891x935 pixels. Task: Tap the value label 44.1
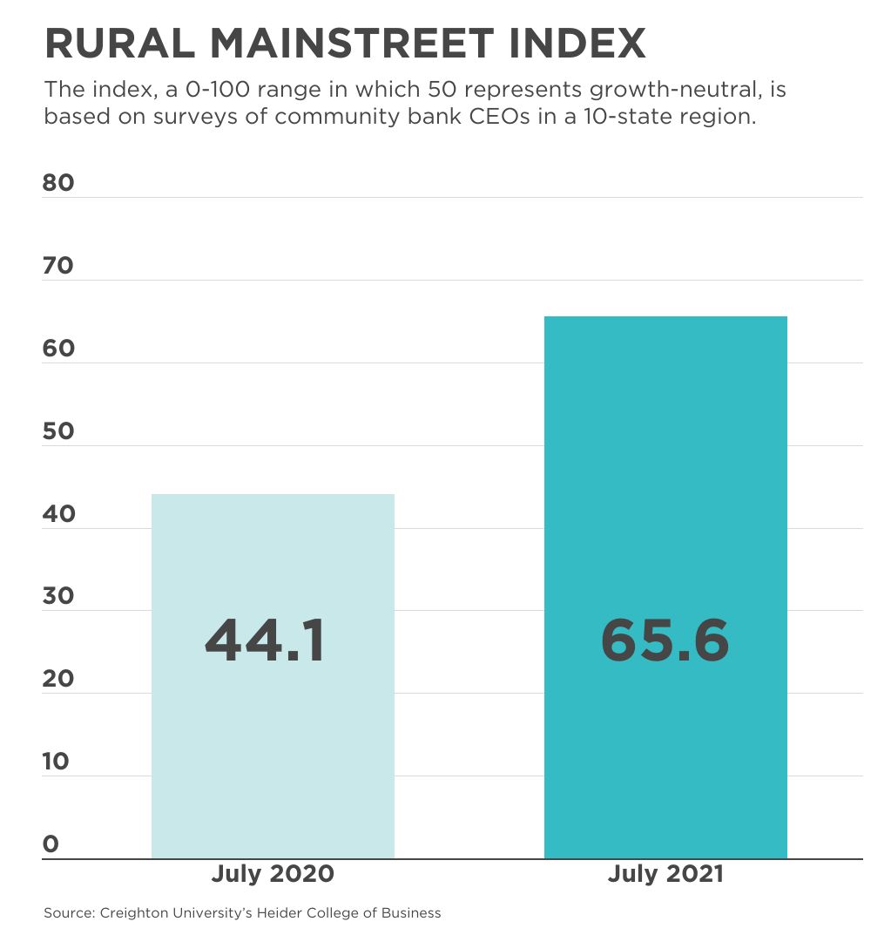[x=265, y=641]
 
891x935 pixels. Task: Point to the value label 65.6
[x=665, y=641]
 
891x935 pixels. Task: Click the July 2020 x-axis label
[x=273, y=874]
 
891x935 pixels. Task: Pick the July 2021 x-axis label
[x=665, y=874]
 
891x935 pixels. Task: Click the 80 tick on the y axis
[x=58, y=183]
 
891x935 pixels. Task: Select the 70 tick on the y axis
[x=58, y=266]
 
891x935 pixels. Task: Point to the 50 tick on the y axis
[x=58, y=431]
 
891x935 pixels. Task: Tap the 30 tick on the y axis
[x=58, y=597]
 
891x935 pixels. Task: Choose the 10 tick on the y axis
[x=56, y=762]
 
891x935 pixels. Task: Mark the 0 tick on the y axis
[x=51, y=844]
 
